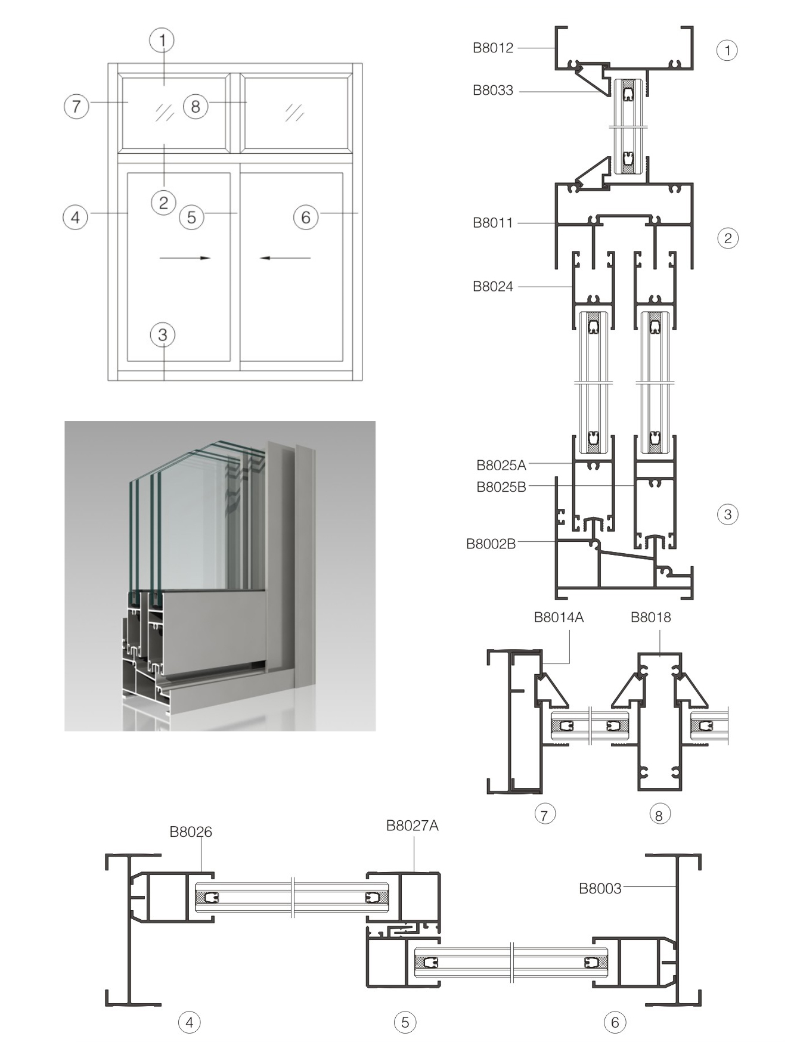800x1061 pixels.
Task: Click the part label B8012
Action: pos(492,48)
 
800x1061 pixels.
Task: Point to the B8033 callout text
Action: pos(492,91)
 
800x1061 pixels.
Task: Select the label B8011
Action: pos(492,223)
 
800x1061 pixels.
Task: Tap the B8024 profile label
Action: pos(492,287)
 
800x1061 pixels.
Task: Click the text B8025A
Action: pos(501,465)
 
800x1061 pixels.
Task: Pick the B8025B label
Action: pos(501,487)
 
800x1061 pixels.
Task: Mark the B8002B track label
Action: pos(491,544)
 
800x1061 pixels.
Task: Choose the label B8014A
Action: pos(559,618)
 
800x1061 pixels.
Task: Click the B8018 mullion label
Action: pos(650,618)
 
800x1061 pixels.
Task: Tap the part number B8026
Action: pos(191,832)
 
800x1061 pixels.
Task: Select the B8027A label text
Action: pos(412,826)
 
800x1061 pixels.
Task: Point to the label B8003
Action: pos(600,889)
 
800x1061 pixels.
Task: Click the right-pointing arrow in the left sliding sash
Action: pos(185,258)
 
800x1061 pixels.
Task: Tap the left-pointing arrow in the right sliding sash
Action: pos(286,258)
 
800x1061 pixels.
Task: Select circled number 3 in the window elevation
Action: pos(163,335)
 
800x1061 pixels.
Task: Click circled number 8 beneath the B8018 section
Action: pos(659,815)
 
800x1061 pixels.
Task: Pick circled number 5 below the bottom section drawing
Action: pos(405,1023)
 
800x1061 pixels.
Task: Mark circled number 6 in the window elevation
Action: pos(306,218)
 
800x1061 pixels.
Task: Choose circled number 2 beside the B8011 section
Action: pos(727,238)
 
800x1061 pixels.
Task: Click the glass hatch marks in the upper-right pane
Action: pos(294,112)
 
